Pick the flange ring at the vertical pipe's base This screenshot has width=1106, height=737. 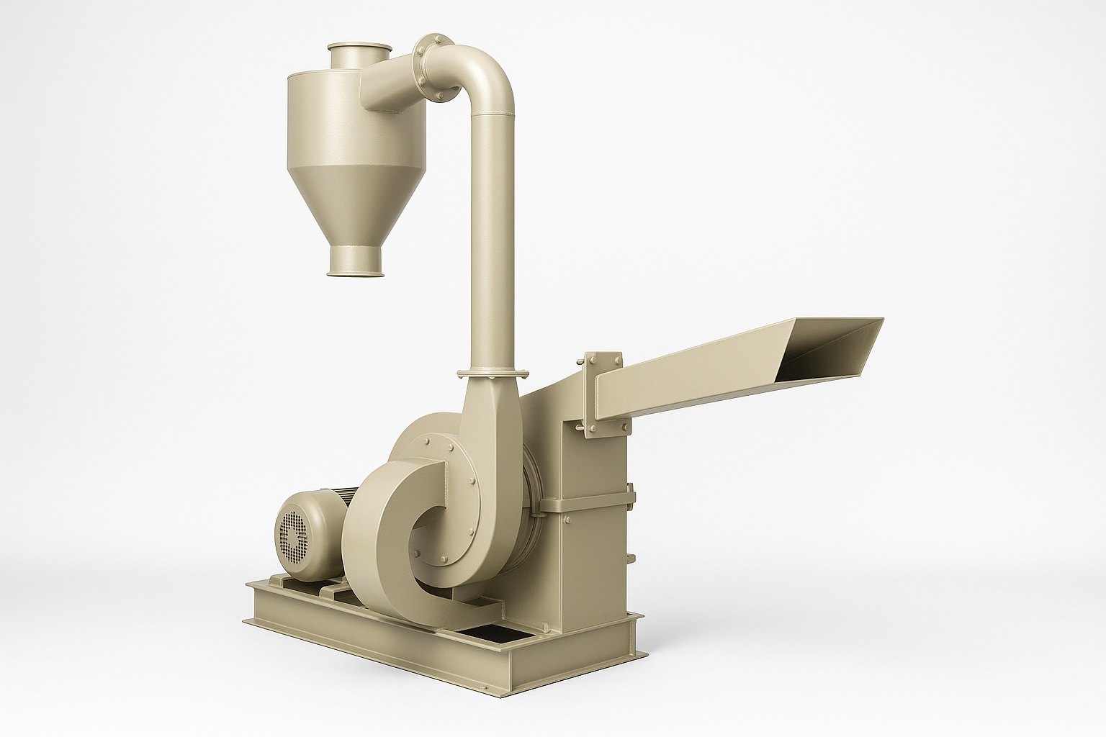(493, 372)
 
